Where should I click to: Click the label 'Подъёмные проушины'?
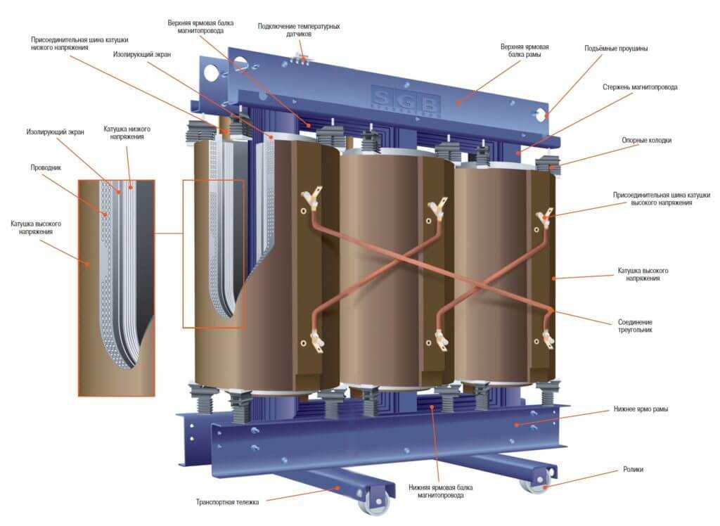pyautogui.click(x=616, y=49)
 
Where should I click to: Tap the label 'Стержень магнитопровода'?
pyautogui.click(x=640, y=86)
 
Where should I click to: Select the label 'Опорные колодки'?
pyautogui.click(x=647, y=140)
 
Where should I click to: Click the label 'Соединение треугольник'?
pyautogui.click(x=635, y=326)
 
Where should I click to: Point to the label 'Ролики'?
pyautogui.click(x=633, y=469)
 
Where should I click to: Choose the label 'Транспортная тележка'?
pyautogui.click(x=227, y=502)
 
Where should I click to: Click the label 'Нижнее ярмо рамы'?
pyautogui.click(x=641, y=409)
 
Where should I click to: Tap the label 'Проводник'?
pyautogui.click(x=46, y=167)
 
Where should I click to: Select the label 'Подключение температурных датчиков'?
pyautogui.click(x=299, y=30)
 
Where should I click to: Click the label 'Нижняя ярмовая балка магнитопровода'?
pyautogui.click(x=441, y=491)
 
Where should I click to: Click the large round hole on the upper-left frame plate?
pyautogui.click(x=212, y=72)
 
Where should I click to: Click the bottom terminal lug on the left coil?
pyautogui.click(x=316, y=340)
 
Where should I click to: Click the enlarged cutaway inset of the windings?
pyautogui.click(x=117, y=288)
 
